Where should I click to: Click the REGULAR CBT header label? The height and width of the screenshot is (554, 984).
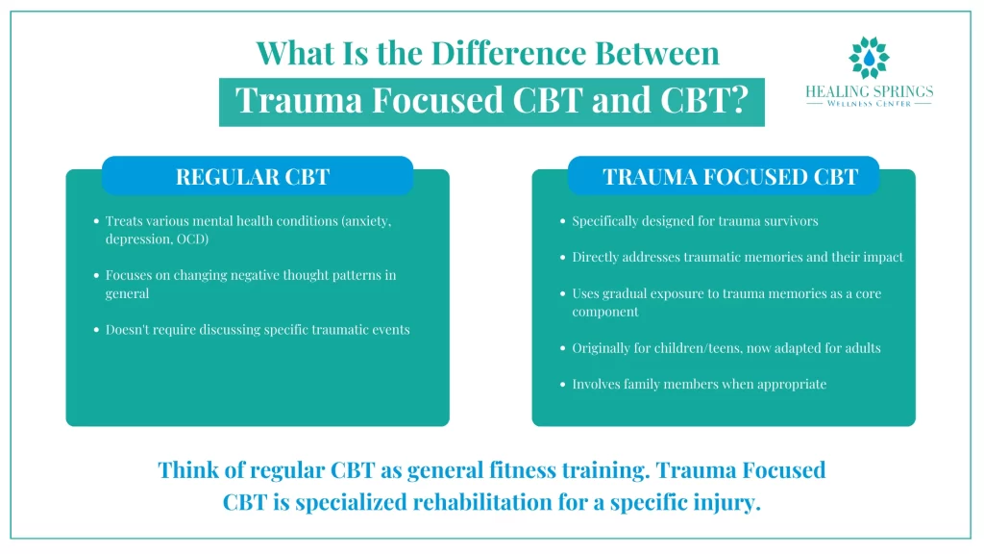[253, 177]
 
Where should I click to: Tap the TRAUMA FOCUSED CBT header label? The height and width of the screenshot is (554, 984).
[729, 177]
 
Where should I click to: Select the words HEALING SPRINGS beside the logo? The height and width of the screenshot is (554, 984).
[869, 91]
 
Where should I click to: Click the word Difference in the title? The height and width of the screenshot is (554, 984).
[490, 53]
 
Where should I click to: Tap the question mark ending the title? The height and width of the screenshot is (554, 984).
[737, 100]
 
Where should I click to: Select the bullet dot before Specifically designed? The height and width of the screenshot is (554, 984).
[562, 221]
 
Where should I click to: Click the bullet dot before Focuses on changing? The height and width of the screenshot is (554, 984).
[96, 276]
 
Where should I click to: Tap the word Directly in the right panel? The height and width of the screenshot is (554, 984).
[597, 257]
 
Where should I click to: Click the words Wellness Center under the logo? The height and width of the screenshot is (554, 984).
[869, 104]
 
